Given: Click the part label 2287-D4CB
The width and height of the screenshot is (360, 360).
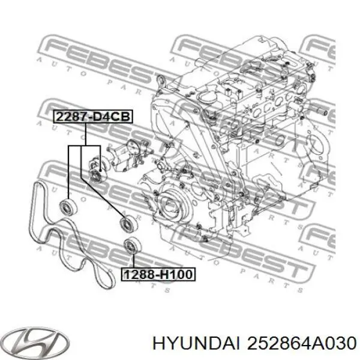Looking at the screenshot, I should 92,118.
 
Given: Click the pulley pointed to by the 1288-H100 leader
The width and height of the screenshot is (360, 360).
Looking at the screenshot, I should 130,247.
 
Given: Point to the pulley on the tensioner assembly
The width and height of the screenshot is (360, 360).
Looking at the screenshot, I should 95,175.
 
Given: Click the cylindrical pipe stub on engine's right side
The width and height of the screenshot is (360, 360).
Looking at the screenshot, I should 319,112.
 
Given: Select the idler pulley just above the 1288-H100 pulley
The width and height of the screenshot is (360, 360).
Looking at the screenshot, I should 125,223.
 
